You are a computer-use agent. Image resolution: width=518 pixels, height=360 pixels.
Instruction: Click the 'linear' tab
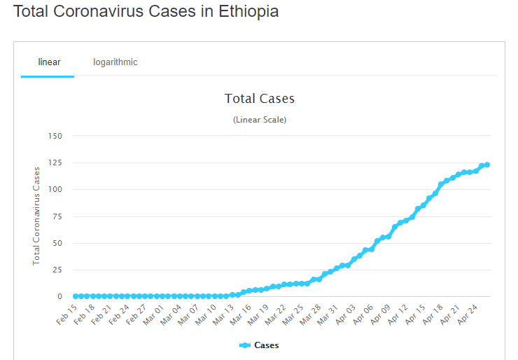[x=49, y=62]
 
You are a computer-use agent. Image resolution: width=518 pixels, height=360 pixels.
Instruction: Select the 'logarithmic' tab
[x=115, y=62]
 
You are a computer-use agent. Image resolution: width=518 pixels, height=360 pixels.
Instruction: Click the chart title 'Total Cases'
[x=259, y=99]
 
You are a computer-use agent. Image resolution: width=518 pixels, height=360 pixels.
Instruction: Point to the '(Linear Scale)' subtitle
[x=259, y=120]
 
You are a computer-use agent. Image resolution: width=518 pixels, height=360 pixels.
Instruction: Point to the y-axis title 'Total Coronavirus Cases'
[x=36, y=216]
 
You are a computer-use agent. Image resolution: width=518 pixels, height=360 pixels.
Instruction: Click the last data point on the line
[x=487, y=165]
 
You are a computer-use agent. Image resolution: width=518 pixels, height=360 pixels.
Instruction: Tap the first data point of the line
[x=76, y=296]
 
